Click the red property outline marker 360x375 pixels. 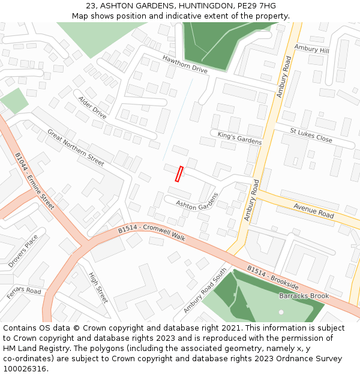179,173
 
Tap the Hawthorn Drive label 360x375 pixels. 185,63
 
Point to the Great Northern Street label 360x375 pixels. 76,148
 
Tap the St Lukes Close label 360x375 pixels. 311,135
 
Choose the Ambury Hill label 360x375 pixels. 311,50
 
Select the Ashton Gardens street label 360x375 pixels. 197,201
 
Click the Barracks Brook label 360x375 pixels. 304,296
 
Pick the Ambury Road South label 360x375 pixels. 205,290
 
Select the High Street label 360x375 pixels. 98,287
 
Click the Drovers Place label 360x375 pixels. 23,251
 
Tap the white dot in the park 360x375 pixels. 281,312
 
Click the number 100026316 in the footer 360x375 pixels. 26,368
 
